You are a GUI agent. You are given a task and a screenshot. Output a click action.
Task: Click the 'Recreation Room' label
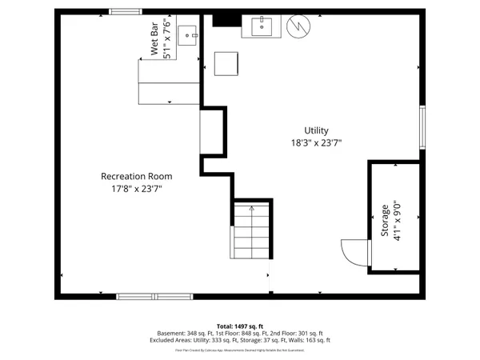136,176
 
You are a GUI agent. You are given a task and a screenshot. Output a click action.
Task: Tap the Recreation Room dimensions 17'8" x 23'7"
136,189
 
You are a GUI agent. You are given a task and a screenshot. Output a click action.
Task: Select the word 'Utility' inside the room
316,130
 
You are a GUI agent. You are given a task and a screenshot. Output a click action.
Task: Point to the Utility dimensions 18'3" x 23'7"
316,143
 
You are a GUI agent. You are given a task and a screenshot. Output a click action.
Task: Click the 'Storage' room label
385,221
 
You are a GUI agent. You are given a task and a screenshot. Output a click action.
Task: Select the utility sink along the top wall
264,26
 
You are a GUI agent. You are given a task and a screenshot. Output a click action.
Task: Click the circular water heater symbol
298,26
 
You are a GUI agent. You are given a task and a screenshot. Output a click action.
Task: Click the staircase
252,230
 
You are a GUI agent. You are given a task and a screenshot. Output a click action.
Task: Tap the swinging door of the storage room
354,252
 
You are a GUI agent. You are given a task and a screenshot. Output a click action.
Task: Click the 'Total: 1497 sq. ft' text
240,326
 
